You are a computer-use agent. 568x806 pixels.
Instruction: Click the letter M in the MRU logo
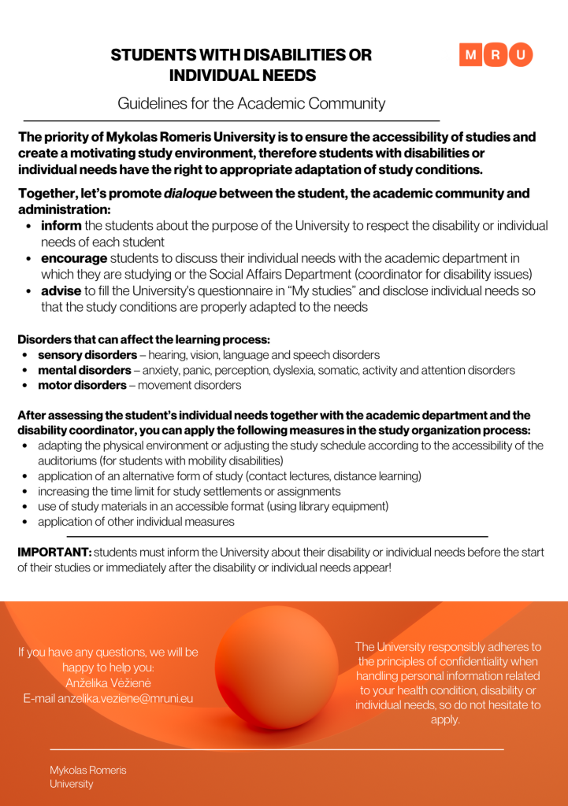coord(471,54)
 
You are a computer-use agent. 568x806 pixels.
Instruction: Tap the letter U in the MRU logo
coord(521,54)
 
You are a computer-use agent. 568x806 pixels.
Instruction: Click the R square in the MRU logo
coord(496,54)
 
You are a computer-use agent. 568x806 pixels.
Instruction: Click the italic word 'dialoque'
coord(191,193)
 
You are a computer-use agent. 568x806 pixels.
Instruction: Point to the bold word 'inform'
coord(61,226)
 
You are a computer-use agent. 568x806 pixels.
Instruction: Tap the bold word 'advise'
coord(61,290)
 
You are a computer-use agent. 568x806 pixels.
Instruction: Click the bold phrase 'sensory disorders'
coord(87,355)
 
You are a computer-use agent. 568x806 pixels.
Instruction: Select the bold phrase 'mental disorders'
coord(84,370)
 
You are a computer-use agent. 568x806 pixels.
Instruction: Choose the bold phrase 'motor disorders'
coord(82,385)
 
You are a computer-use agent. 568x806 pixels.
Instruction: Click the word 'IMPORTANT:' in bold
coord(54,553)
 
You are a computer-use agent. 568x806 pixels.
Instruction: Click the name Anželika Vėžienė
coord(109,682)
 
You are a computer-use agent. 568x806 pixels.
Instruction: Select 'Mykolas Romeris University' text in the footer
coord(88,777)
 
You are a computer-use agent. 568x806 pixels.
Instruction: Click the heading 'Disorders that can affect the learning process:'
coord(143,340)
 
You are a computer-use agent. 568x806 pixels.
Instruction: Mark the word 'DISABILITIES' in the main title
coord(281,55)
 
